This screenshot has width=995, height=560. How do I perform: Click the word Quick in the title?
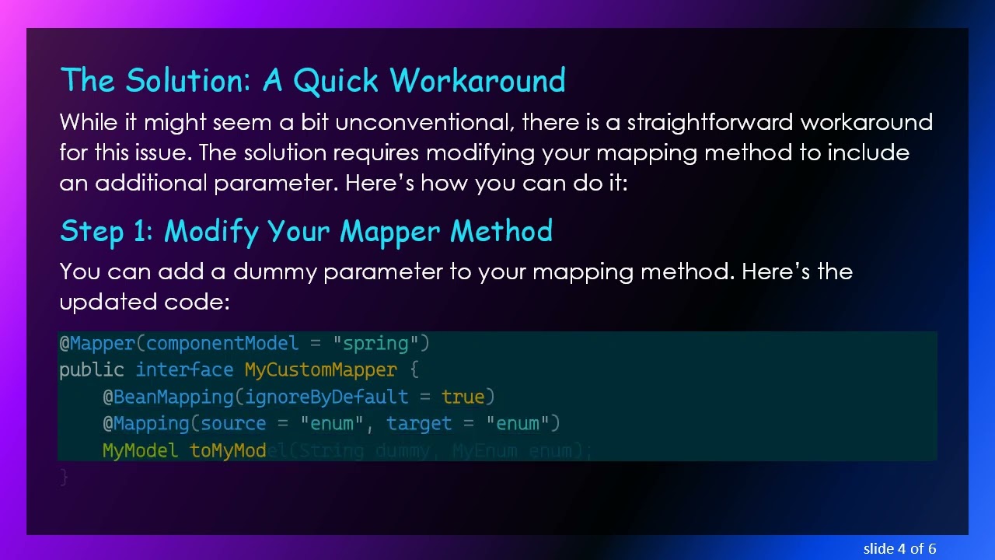pyautogui.click(x=336, y=80)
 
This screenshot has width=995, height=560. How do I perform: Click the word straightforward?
pyautogui.click(x=710, y=122)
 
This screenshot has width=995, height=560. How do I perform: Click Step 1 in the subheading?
pyautogui.click(x=106, y=231)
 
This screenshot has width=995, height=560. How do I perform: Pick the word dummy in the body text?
pyautogui.click(x=275, y=271)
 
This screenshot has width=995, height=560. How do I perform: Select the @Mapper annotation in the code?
pyautogui.click(x=97, y=344)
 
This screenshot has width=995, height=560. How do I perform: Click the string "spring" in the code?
pyautogui.click(x=375, y=344)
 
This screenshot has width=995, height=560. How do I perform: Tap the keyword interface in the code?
pyautogui.click(x=184, y=370)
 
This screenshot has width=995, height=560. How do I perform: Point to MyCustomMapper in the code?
pyautogui.click(x=320, y=370)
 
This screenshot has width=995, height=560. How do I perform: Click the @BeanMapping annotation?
pyautogui.click(x=168, y=397)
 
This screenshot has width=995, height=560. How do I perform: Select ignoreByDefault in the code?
pyautogui.click(x=326, y=397)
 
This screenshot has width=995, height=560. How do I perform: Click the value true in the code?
pyautogui.click(x=463, y=397)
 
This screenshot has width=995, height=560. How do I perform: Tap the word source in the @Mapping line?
pyautogui.click(x=233, y=423)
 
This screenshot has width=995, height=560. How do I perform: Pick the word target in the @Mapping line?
pyautogui.click(x=419, y=423)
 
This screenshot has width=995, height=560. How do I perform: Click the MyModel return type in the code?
pyautogui.click(x=141, y=450)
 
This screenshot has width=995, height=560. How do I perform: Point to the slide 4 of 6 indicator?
pyautogui.click(x=899, y=548)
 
